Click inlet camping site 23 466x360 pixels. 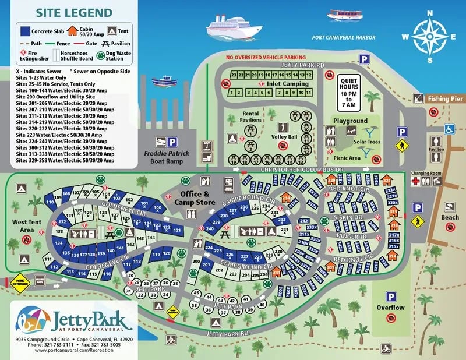233,75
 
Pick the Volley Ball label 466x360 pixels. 284,137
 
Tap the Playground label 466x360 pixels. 350,121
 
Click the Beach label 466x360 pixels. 451,217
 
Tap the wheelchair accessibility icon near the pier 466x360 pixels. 449,130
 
